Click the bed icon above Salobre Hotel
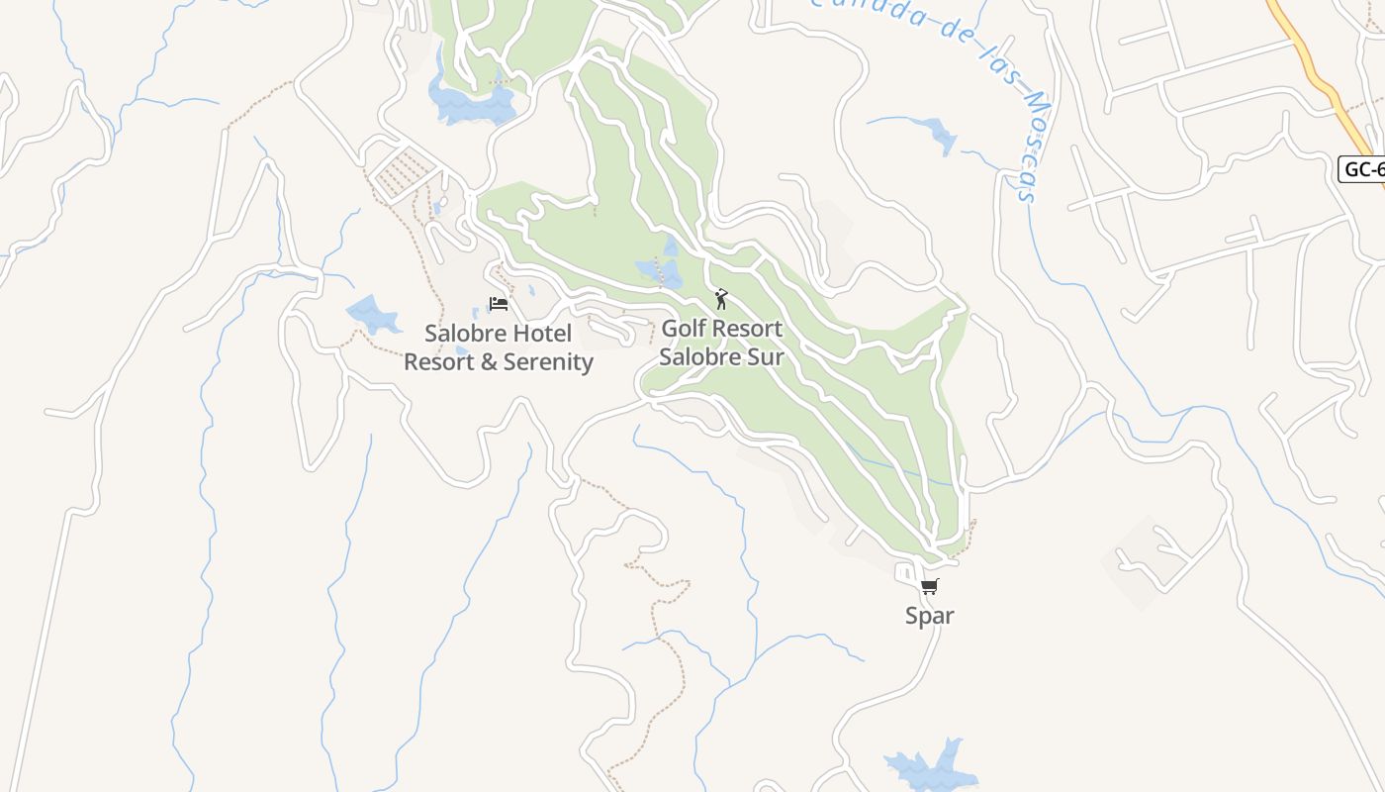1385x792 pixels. [x=499, y=304]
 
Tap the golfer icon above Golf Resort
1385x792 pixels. [x=721, y=299]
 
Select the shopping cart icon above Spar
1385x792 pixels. [x=929, y=587]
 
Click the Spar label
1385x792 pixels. [x=930, y=616]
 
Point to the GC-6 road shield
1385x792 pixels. [x=1362, y=169]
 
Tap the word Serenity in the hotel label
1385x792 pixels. [x=548, y=362]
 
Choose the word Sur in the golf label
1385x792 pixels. [x=766, y=357]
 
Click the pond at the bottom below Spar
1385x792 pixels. [x=925, y=767]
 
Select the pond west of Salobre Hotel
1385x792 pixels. [x=372, y=315]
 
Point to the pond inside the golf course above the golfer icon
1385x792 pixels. [x=660, y=270]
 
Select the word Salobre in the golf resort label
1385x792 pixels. [x=692, y=357]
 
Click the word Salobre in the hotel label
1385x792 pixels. [x=465, y=334]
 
